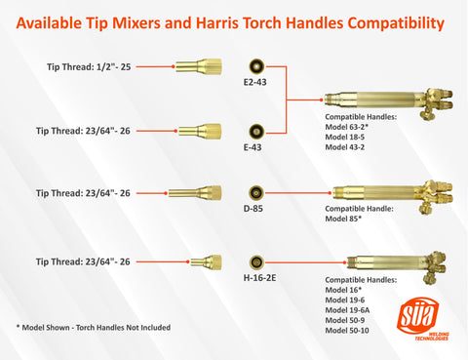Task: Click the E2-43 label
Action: click(254, 82)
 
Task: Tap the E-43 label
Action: click(253, 147)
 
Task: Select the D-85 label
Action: click(253, 209)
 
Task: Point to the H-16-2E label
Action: click(259, 278)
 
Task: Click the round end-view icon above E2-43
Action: click(256, 66)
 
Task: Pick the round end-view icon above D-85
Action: click(256, 193)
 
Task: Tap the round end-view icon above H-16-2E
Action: click(256, 262)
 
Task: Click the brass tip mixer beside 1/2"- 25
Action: click(199, 66)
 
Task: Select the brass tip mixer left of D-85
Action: click(195, 193)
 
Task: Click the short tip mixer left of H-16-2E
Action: click(206, 262)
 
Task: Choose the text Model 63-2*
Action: click(347, 127)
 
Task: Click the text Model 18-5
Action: click(345, 137)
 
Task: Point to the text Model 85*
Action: click(343, 219)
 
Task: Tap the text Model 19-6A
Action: click(347, 310)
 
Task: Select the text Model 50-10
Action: click(347, 331)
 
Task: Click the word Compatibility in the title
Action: click(396, 23)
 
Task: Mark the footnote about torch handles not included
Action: click(94, 328)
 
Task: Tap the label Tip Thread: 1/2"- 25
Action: click(89, 67)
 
